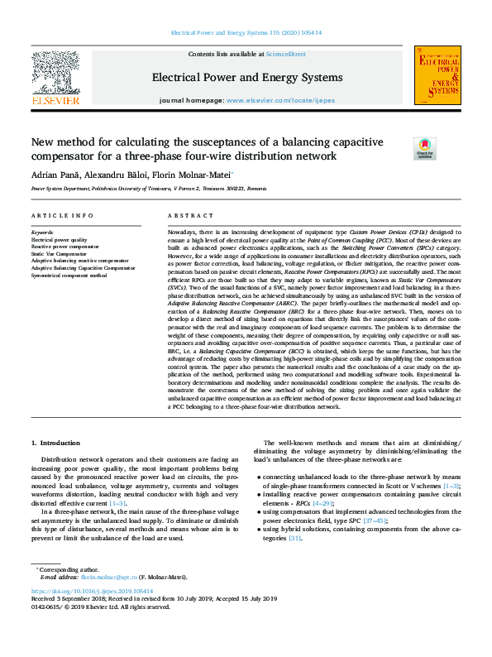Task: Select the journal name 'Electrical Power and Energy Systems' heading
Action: (246, 78)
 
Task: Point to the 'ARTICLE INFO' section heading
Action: (61, 215)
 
